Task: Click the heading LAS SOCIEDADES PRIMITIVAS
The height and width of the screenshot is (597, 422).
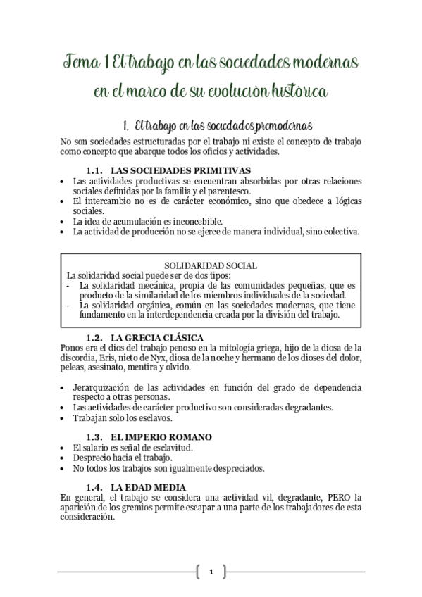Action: click(182, 170)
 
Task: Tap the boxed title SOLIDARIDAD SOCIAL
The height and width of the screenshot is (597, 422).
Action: click(210, 265)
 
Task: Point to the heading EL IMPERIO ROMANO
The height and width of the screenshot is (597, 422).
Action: click(161, 437)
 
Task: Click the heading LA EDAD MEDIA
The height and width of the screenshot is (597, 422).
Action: click(149, 487)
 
